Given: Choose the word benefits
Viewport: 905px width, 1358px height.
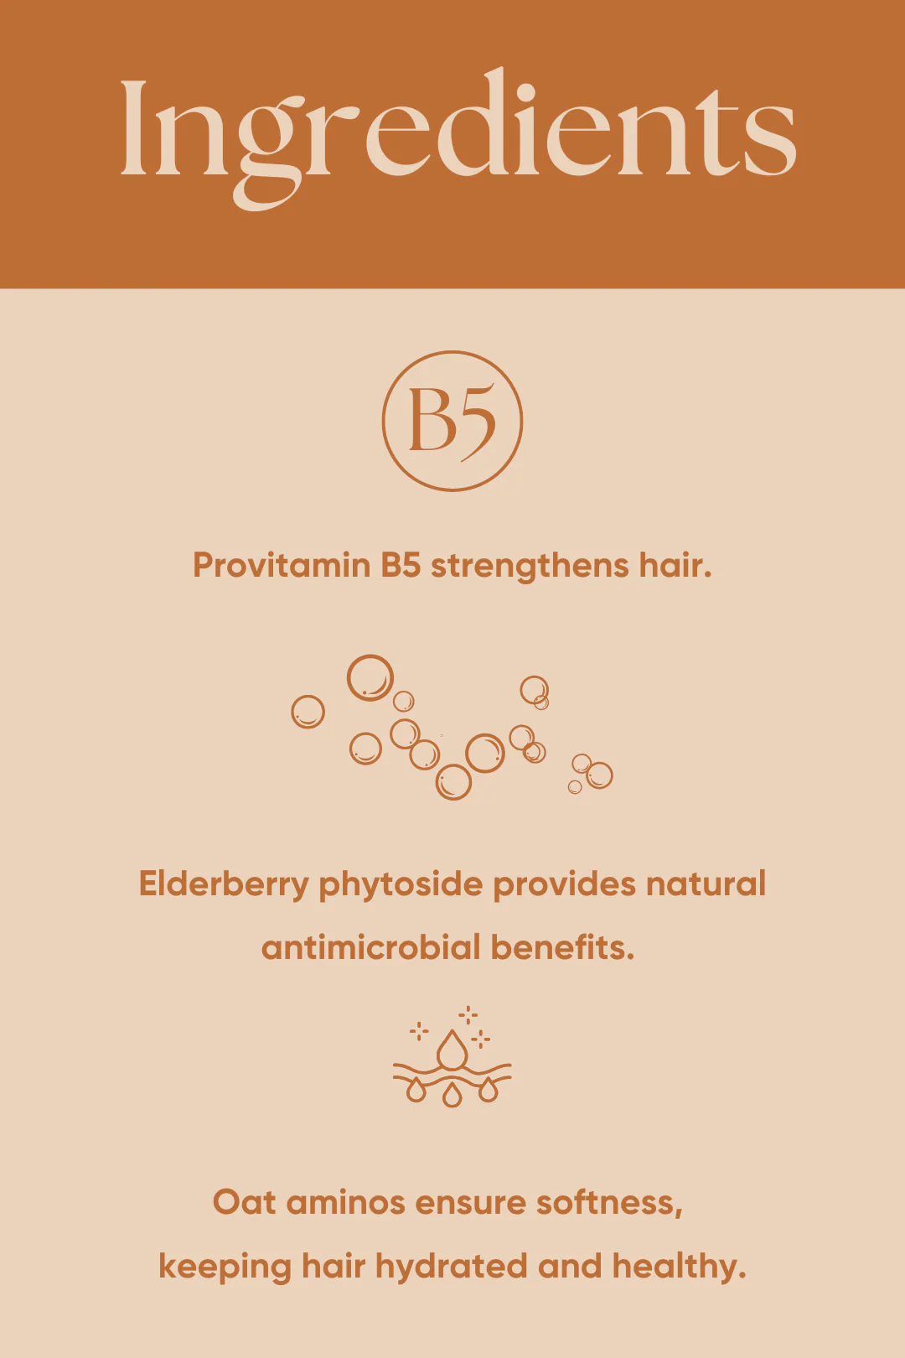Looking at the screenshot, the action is click(x=562, y=947).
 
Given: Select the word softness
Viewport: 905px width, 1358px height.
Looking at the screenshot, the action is click(x=608, y=1203).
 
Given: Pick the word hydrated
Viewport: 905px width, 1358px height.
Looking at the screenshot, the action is click(x=451, y=1267).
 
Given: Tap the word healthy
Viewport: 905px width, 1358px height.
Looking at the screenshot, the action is click(x=679, y=1267).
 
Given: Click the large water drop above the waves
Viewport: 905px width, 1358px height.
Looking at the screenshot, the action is click(x=452, y=1050).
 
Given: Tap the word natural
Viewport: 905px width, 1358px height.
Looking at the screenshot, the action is click(x=706, y=884).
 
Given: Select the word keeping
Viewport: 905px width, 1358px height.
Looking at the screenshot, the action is click(x=225, y=1267).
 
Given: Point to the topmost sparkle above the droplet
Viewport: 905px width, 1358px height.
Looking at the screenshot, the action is click(x=468, y=1015).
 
